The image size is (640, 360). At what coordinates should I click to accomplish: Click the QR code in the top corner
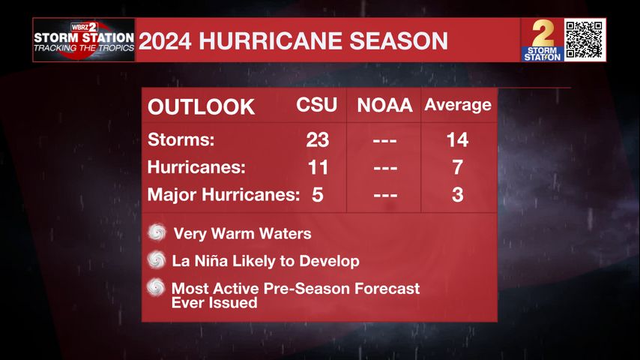(x=585, y=40)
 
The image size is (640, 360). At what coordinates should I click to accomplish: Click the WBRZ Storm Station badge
(x=84, y=40)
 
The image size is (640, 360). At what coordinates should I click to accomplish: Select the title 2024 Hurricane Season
(x=294, y=40)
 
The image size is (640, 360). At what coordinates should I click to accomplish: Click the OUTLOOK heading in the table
(x=201, y=106)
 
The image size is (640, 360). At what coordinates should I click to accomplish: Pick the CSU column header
(x=317, y=106)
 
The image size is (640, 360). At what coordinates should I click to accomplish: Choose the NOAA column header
(x=384, y=106)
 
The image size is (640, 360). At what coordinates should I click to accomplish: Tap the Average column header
(x=457, y=105)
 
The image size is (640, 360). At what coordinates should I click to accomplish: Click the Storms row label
(x=181, y=139)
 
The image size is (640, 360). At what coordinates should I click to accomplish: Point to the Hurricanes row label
(x=196, y=167)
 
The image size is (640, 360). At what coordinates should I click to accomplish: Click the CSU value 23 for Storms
(x=317, y=139)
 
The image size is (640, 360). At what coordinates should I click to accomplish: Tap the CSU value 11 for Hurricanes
(x=317, y=167)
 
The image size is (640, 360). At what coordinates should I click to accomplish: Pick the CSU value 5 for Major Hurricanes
(x=317, y=195)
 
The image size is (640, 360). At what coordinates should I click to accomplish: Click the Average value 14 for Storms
(x=457, y=139)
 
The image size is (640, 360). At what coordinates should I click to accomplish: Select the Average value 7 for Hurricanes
(x=457, y=167)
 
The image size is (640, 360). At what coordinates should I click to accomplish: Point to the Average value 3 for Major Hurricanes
(x=457, y=195)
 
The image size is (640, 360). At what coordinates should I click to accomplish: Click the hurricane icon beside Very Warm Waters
(x=157, y=233)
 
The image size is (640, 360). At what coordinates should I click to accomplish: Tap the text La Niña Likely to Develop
(x=265, y=261)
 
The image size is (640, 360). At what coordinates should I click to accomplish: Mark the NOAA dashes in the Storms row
(x=384, y=140)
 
